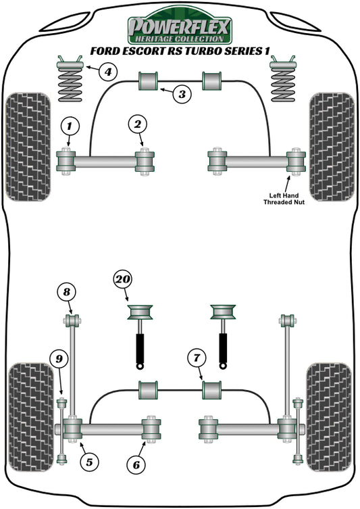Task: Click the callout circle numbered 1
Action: coord(70,125)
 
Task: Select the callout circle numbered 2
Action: coord(138,124)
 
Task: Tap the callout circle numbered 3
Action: coord(181,94)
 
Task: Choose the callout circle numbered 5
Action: coord(88,462)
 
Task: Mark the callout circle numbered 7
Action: coord(196,358)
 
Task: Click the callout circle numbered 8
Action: coord(66,293)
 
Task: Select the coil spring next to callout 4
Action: coord(70,83)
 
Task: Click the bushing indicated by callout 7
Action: coord(213,390)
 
